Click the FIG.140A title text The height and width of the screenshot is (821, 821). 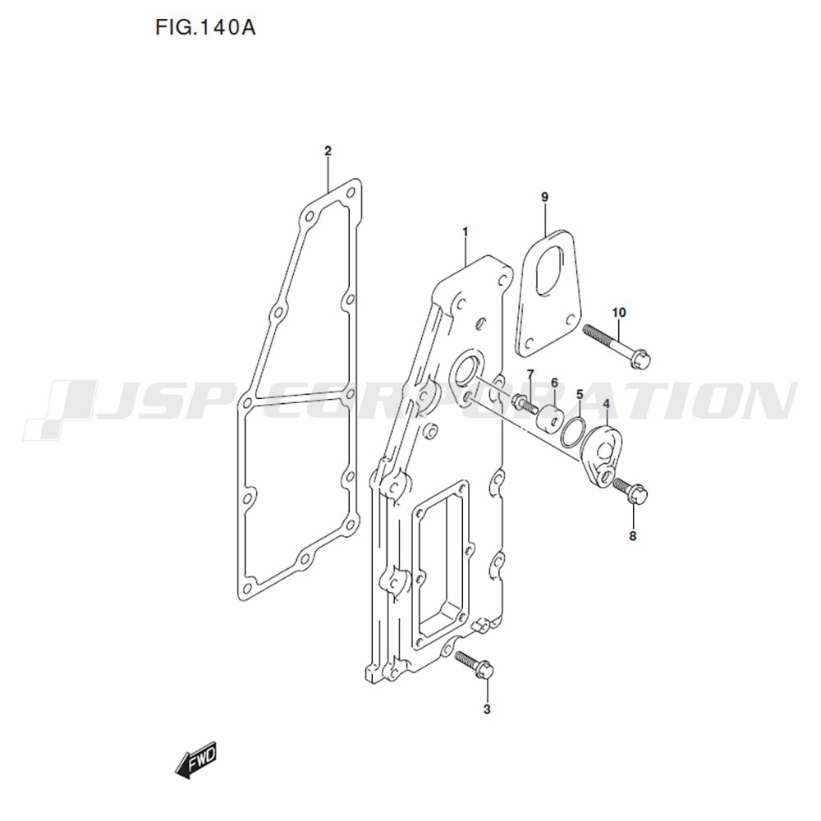click(x=205, y=27)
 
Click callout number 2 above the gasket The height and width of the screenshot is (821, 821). click(x=328, y=151)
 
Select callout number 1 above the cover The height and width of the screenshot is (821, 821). click(x=465, y=232)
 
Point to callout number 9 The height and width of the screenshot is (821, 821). click(x=544, y=197)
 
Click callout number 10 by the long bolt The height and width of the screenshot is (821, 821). click(x=619, y=313)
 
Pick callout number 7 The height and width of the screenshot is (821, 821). click(x=530, y=374)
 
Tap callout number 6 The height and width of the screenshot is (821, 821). click(x=554, y=383)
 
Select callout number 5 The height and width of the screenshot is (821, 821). click(x=580, y=394)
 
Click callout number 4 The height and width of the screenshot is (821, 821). click(x=607, y=404)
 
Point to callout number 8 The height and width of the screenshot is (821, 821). click(x=632, y=536)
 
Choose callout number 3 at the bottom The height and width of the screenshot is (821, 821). click(x=487, y=709)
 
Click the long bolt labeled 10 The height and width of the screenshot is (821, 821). click(x=617, y=346)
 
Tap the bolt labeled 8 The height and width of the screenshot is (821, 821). click(x=631, y=491)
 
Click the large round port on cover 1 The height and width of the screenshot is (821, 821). click(x=466, y=371)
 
